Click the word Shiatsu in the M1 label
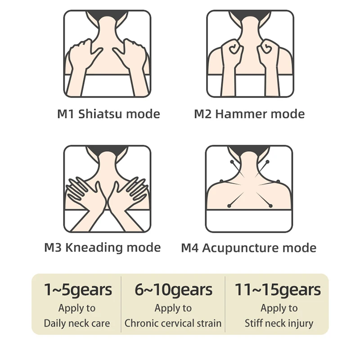(x=100, y=114)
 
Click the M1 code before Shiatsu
(x=66, y=114)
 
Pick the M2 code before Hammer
(x=203, y=114)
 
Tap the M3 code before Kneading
(x=54, y=247)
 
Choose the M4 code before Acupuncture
(x=190, y=248)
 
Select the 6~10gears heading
(x=173, y=290)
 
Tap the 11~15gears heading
(x=278, y=290)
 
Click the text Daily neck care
(x=76, y=323)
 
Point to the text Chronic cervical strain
(x=173, y=323)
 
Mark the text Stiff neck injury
(x=279, y=323)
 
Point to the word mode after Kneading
(x=143, y=247)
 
